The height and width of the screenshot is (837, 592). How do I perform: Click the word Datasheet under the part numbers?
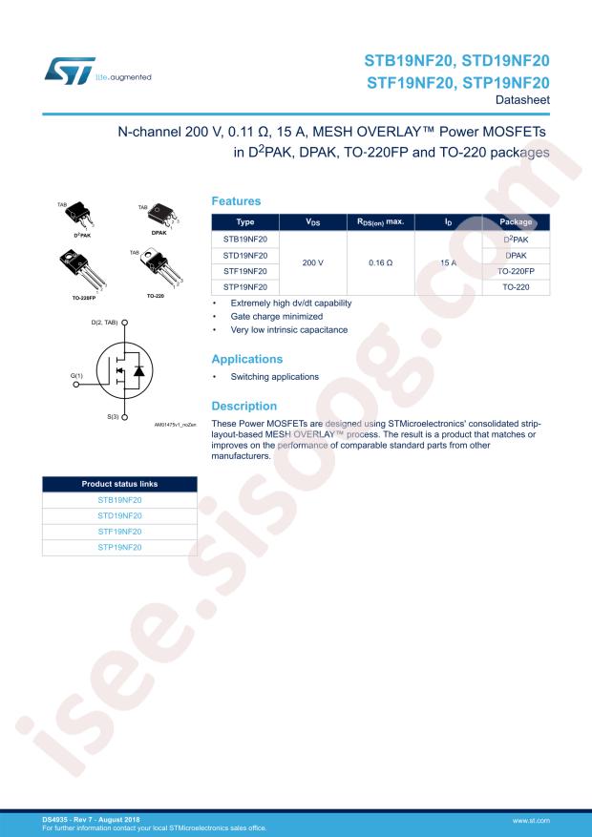[x=522, y=100]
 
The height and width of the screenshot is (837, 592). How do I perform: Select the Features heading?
[x=235, y=201]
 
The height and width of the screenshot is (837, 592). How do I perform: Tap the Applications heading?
[x=246, y=359]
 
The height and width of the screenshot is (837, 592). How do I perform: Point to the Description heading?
[x=243, y=406]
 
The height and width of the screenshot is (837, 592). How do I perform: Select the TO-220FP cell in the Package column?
[x=516, y=271]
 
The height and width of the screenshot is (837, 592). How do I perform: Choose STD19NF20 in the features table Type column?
[x=245, y=255]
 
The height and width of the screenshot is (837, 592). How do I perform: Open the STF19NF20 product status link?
[x=119, y=531]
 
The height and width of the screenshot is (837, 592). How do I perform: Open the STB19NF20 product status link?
[x=119, y=499]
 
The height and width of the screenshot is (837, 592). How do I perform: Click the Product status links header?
[x=119, y=484]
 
